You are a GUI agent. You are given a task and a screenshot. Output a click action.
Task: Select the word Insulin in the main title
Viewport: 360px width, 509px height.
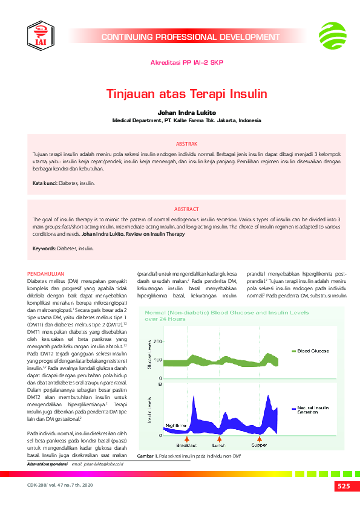click(x=247, y=95)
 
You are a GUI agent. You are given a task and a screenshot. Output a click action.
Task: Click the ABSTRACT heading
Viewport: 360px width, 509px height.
click(x=186, y=209)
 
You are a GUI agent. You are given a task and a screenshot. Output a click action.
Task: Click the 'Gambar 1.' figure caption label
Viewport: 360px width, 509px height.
click(x=148, y=455)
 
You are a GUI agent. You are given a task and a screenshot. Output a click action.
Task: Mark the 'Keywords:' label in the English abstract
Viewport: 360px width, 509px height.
click(x=44, y=248)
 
